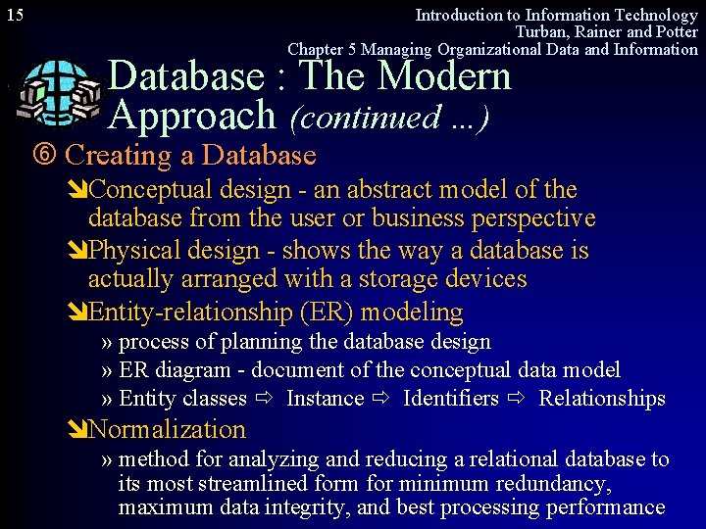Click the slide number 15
(15, 15)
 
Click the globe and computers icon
(58, 93)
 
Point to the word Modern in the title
(445, 75)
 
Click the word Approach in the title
(193, 116)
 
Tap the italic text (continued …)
(389, 118)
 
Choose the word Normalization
(167, 430)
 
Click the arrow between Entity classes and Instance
(265, 399)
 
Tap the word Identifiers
(451, 399)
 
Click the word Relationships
(602, 399)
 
